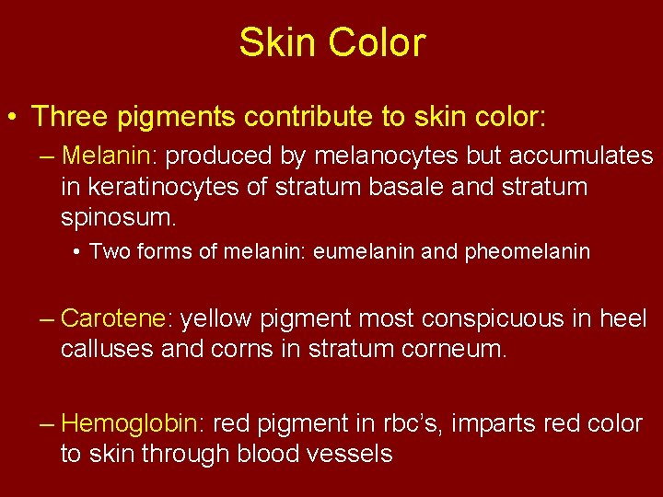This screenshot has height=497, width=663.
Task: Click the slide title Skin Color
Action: pyautogui.click(x=331, y=42)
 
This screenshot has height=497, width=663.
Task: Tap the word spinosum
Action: pyautogui.click(x=117, y=219)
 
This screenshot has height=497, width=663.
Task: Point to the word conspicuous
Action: pyautogui.click(x=488, y=319)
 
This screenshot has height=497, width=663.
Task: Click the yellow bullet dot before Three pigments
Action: pyautogui.click(x=13, y=118)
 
